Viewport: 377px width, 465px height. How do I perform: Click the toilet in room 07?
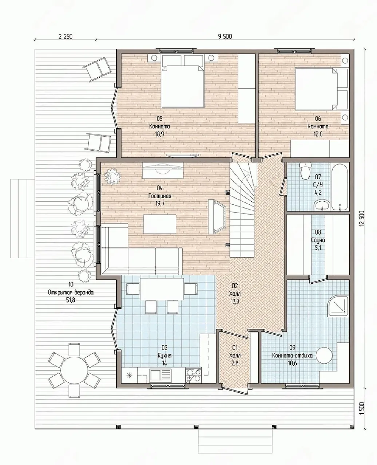pos(304,170)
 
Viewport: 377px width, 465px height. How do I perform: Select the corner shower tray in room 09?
pos(338,306)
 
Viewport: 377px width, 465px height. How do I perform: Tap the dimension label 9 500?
pos(225,36)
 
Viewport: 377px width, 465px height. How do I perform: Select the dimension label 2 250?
pos(65,36)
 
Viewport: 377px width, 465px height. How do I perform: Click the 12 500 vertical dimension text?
pos(362,218)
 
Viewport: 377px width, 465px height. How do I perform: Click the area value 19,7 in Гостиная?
pos(160,204)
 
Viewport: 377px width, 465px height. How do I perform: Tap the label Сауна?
pos(318,240)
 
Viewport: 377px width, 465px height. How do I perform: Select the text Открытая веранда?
pos(71,292)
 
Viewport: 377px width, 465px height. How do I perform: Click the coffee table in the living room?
pos(160,224)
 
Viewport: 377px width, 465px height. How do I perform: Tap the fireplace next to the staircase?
pos(217,216)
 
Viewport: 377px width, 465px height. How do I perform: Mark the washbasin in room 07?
pos(322,206)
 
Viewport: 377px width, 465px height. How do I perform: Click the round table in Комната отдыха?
pos(325,355)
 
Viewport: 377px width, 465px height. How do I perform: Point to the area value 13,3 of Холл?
pos(234,302)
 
